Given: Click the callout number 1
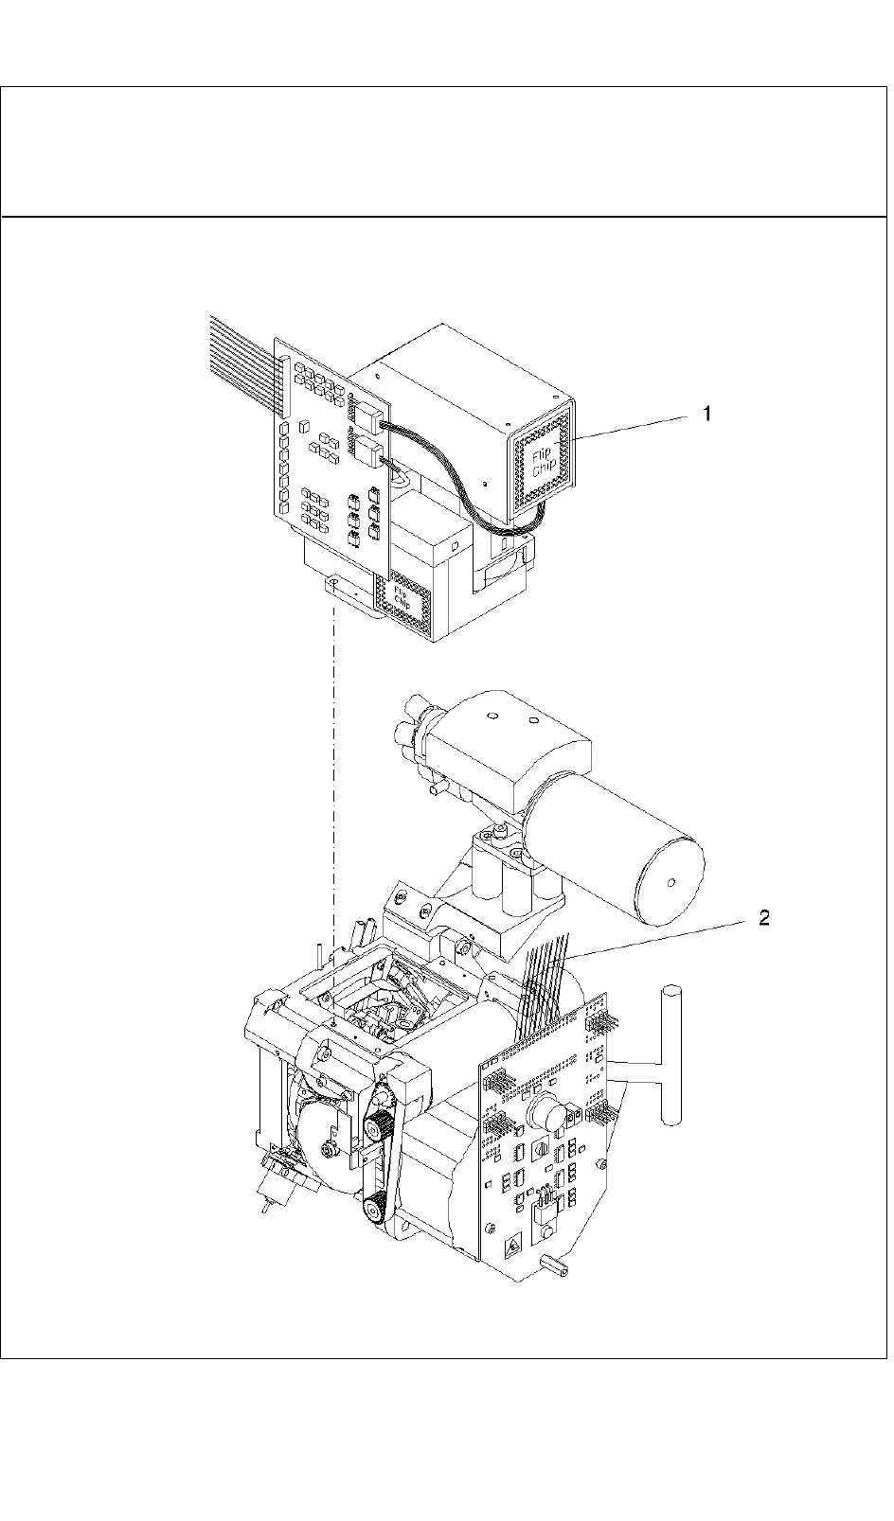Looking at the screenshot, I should click(706, 413).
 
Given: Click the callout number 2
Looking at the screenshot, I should click(762, 918).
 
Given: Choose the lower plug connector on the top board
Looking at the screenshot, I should click(367, 449).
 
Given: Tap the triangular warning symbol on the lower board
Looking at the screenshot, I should click(511, 1247).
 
